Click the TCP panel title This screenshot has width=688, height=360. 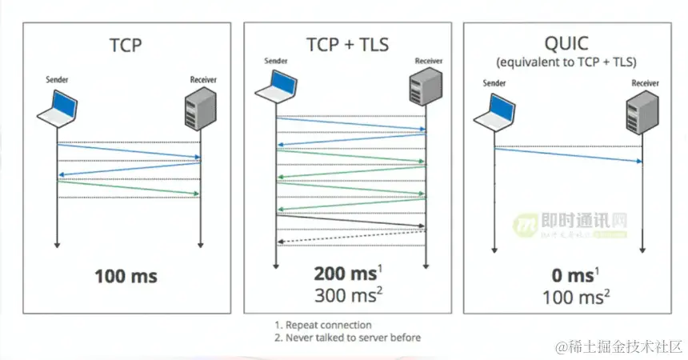126,45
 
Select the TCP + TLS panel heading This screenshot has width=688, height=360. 347,44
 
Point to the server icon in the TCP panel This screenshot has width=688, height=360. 199,110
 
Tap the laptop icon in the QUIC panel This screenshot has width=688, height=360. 494,112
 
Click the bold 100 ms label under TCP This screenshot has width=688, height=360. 126,277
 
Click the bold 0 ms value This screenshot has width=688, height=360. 570,275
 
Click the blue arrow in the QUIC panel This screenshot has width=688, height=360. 568,154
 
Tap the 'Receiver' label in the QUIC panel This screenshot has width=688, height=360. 645,83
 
